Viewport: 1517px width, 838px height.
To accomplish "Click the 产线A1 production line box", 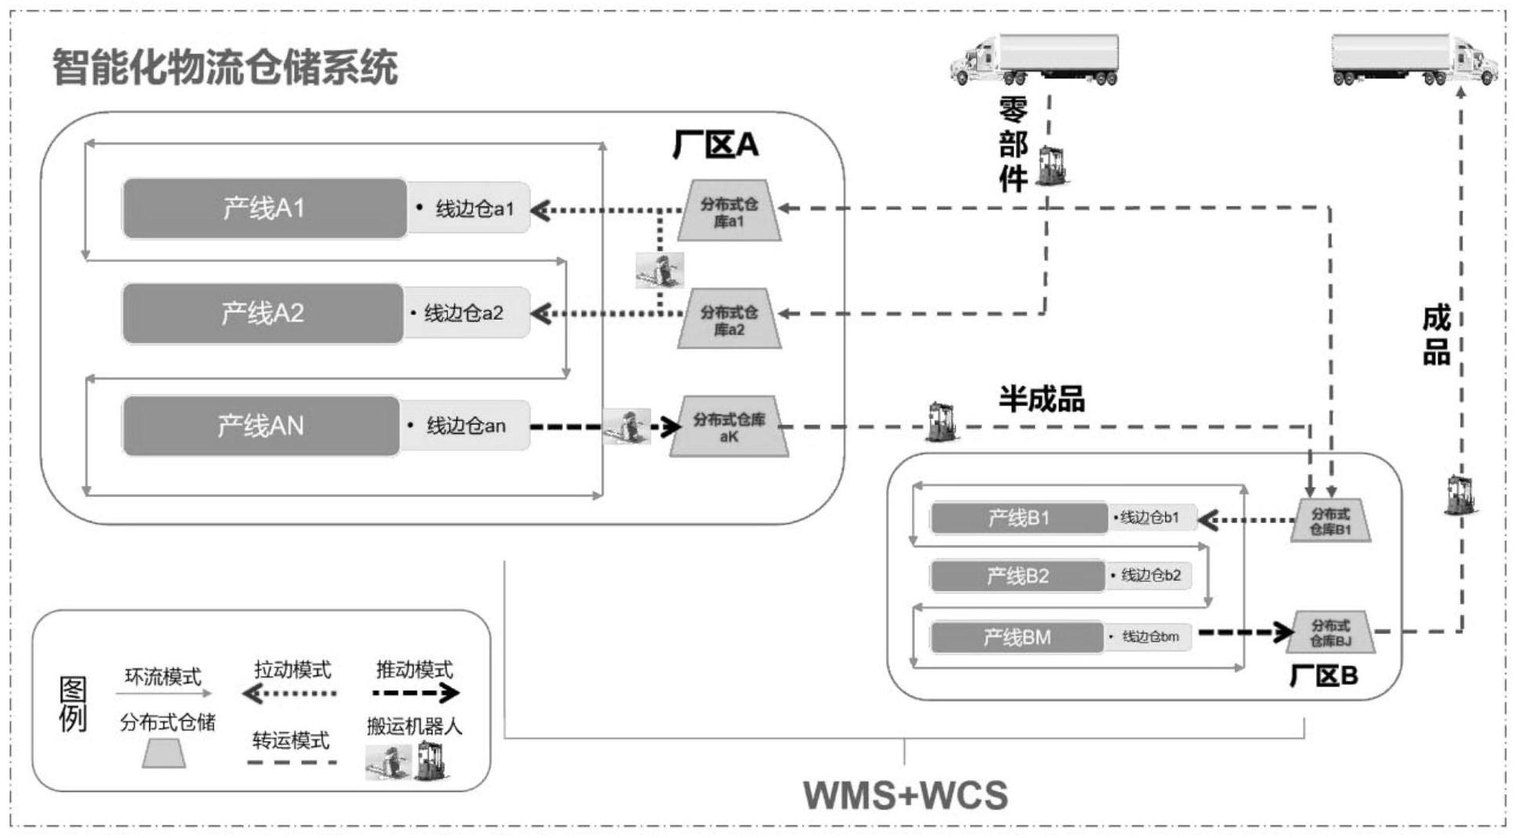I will pos(264,209).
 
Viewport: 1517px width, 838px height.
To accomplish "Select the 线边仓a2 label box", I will pos(466,313).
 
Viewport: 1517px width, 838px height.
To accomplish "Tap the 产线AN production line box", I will pos(260,426).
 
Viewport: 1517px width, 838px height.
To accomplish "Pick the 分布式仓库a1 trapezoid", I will pos(729,212).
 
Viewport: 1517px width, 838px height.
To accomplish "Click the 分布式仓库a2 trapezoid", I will pos(729,320).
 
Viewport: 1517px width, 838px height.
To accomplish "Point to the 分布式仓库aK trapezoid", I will pos(729,428).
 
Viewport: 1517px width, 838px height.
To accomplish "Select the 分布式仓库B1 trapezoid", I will pos(1330,521).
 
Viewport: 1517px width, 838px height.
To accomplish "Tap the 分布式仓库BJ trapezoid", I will pos(1330,633).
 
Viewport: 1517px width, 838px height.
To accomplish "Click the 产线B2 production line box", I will pos(1017,577).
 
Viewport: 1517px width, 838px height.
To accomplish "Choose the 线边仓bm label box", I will pos(1149,637).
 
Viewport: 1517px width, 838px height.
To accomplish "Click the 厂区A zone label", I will pos(715,145).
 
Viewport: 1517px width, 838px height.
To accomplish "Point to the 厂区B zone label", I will pos(1323,675).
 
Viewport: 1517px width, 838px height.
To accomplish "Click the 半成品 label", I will pos(1041,399).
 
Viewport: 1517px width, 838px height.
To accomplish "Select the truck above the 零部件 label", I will pos(1035,59).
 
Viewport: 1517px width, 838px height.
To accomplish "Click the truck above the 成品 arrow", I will pos(1414,59).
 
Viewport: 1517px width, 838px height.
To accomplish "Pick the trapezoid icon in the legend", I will pos(163,754).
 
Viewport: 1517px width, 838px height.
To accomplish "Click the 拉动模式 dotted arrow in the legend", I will pos(290,693).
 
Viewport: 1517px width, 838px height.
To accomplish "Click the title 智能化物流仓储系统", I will pos(225,67).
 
